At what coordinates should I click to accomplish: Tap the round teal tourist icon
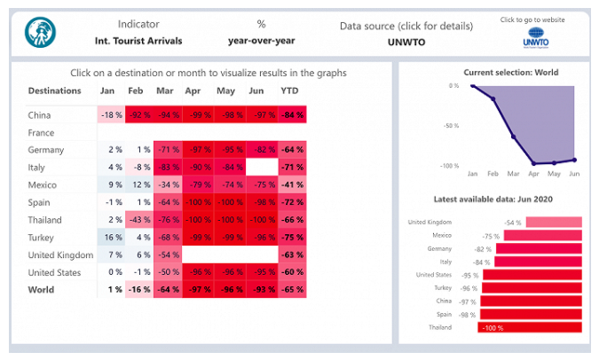tap(40, 33)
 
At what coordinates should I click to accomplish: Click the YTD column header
tap(290, 90)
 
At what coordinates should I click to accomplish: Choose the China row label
tap(39, 114)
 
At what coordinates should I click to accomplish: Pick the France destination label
tap(42, 132)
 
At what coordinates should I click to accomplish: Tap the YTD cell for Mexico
tap(290, 184)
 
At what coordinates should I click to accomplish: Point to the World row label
tap(41, 289)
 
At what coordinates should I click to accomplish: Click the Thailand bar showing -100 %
tap(529, 327)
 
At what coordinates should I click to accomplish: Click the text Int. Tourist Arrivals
tap(139, 40)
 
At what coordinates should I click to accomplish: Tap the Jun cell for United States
tap(259, 272)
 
